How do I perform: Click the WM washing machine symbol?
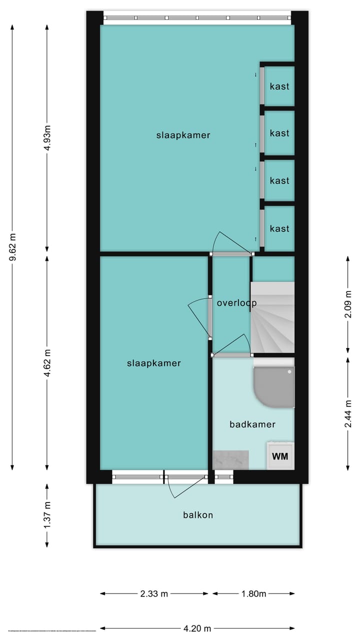[x=280, y=456]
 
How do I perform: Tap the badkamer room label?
[x=252, y=424]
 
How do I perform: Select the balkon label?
[x=198, y=514]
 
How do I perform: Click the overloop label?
[x=236, y=303]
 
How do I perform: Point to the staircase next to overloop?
[x=272, y=317]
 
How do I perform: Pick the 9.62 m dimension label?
[x=13, y=248]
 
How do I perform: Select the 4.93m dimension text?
[x=47, y=136]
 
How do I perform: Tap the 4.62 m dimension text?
[x=47, y=362]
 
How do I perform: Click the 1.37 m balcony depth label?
[x=47, y=515]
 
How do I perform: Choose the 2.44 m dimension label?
[x=348, y=413]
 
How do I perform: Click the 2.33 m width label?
[x=154, y=594]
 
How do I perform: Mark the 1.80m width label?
[x=253, y=594]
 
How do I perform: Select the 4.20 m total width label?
[x=197, y=628]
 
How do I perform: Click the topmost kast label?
[x=279, y=86]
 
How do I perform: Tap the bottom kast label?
[x=279, y=228]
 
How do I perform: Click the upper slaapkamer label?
[x=183, y=135]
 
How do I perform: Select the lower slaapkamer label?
[x=153, y=363]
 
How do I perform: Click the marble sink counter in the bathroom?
[x=231, y=459]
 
